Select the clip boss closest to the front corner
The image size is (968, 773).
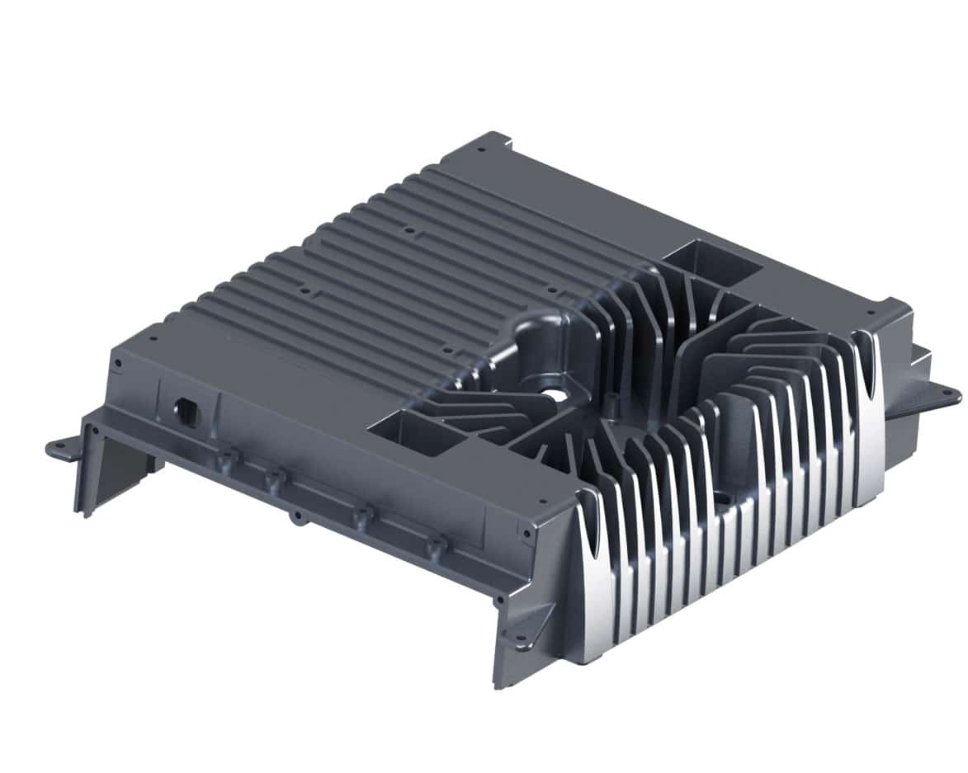[x=436, y=546]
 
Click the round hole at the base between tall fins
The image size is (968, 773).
[x=720, y=498]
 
